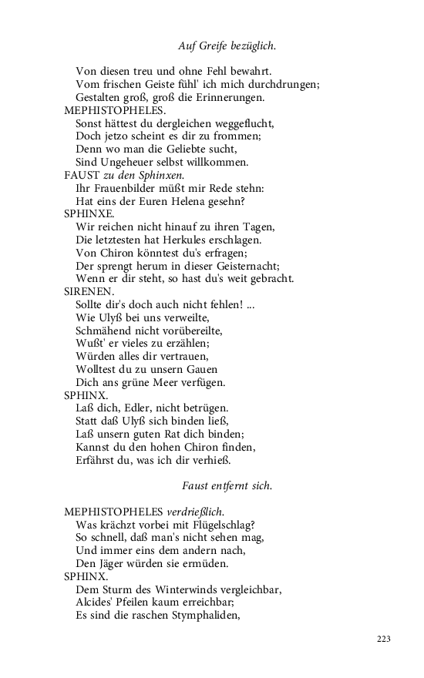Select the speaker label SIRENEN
(88, 292)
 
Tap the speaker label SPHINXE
(89, 213)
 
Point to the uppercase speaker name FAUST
(80, 175)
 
